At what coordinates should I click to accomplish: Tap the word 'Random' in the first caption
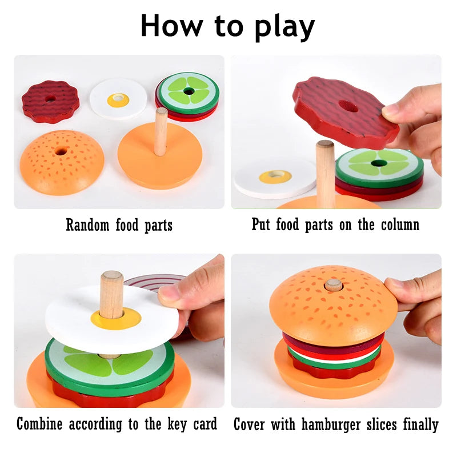(x=87, y=225)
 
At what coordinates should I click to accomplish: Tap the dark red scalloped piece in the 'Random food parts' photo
(x=50, y=101)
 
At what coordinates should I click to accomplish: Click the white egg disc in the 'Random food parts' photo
(x=118, y=98)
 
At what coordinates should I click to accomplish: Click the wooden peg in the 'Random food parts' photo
(x=161, y=131)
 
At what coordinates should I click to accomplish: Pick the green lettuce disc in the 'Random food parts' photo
(x=189, y=91)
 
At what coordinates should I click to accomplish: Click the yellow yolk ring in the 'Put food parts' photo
(x=275, y=177)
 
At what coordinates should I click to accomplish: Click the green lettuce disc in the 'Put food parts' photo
(x=379, y=166)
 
